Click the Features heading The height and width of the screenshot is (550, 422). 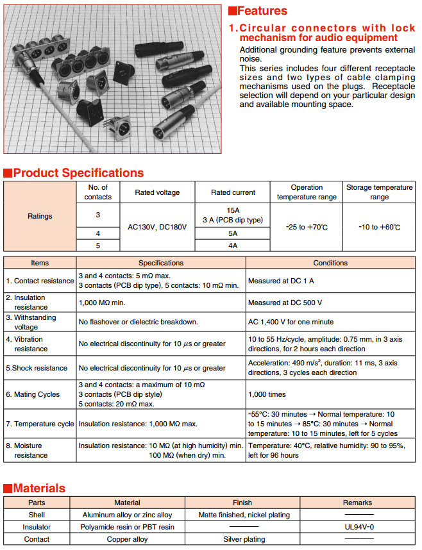pyautogui.click(x=262, y=11)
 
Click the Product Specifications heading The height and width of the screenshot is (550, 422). pyautogui.click(x=78, y=173)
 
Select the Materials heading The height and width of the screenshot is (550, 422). pyautogui.click(x=39, y=488)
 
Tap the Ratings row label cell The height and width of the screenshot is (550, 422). pyautogui.click(x=40, y=216)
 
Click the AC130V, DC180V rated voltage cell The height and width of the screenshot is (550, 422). pyautogui.click(x=157, y=228)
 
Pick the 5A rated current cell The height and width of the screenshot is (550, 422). pyautogui.click(x=233, y=234)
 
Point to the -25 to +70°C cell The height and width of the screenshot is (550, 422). pyautogui.click(x=307, y=228)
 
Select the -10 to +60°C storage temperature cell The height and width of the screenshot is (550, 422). pyautogui.click(x=379, y=228)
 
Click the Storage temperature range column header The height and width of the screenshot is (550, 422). pyautogui.click(x=379, y=192)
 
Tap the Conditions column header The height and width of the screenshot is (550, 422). pyautogui.click(x=330, y=263)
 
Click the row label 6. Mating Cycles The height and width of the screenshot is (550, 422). pyautogui.click(x=33, y=394)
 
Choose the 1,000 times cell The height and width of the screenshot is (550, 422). pyautogui.click(x=267, y=394)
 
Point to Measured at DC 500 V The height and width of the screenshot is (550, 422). pyautogui.click(x=285, y=302)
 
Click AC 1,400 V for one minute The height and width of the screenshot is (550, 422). pyautogui.click(x=291, y=322)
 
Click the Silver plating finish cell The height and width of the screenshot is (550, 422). pyautogui.click(x=242, y=539)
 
